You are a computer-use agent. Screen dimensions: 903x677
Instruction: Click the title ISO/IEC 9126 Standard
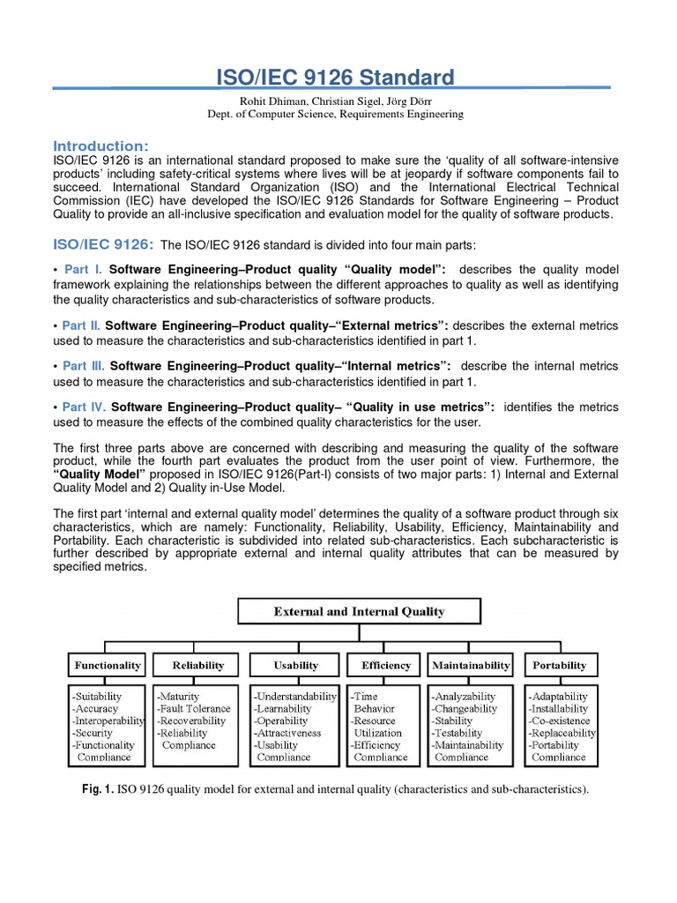[335, 78]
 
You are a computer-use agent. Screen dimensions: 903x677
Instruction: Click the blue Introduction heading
[101, 146]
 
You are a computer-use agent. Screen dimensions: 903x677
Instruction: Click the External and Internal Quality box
[359, 611]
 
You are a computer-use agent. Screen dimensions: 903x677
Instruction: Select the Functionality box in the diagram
[108, 665]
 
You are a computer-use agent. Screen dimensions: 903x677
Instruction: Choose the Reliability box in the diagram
[198, 665]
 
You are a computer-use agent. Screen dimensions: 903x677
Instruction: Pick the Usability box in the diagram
[294, 665]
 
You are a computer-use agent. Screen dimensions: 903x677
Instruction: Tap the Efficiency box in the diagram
[386, 665]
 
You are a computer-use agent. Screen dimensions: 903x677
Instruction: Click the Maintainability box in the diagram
[471, 665]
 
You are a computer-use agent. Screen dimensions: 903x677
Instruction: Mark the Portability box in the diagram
[560, 665]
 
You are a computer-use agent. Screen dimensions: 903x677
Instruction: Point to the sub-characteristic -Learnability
[283, 708]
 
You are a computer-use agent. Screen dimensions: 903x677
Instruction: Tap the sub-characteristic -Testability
[458, 733]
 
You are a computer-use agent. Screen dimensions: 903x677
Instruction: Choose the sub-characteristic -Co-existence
[559, 720]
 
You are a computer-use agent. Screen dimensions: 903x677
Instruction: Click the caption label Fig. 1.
[97, 789]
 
